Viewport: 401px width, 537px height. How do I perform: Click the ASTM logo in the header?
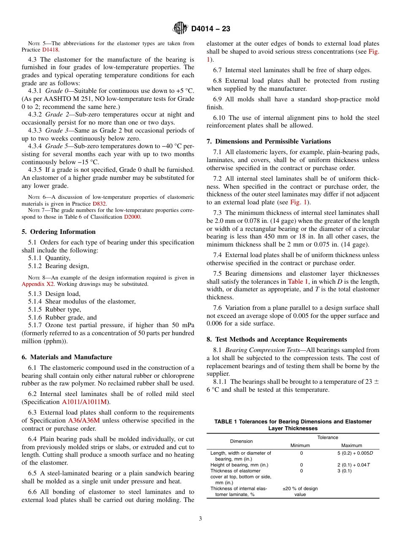[180, 29]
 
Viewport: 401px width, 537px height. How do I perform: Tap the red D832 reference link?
[100, 203]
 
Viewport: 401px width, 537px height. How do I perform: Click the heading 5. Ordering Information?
[59, 232]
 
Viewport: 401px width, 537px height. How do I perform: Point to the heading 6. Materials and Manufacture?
[67, 357]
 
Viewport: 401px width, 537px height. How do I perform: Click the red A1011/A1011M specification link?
[86, 402]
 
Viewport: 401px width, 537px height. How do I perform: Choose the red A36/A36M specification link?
[84, 420]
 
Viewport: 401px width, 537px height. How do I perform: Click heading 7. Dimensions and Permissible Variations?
[269, 141]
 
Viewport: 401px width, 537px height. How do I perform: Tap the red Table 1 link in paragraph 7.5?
[298, 282]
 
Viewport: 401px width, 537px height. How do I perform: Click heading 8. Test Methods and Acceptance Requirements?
[276, 339]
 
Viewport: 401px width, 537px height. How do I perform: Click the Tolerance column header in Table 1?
[328, 437]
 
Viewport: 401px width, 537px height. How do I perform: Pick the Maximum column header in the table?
[352, 445]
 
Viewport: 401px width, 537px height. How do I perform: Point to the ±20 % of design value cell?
[300, 491]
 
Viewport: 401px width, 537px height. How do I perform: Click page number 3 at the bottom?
[200, 519]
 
